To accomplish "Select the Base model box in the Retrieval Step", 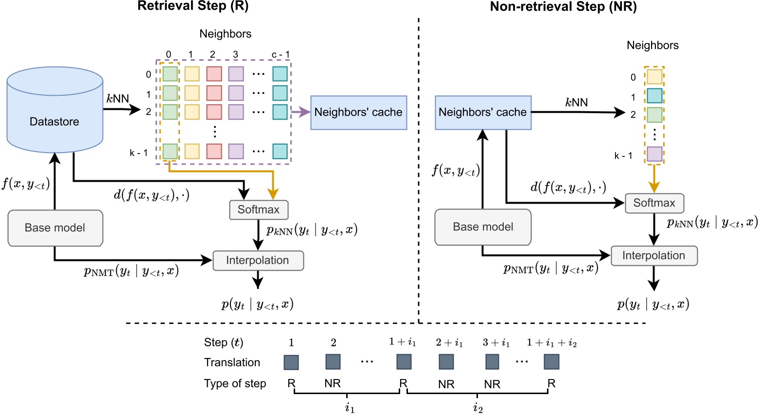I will coord(55,228).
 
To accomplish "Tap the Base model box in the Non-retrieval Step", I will coord(483,227).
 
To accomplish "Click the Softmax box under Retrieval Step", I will coord(259,210).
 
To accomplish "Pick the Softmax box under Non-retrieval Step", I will coord(654,203).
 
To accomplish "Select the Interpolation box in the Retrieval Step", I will coord(258,260).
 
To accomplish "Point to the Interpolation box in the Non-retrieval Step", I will coord(653,256).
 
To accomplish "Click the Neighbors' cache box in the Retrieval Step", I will coord(358,112).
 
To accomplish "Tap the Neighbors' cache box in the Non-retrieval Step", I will coord(483,112).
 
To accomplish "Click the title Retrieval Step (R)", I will coord(193,6).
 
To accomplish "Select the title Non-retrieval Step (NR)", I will coord(563,7).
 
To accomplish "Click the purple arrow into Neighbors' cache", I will coord(300,112).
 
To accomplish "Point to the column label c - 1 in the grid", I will coord(281,54).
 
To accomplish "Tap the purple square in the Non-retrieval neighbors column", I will coord(654,154).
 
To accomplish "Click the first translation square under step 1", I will coord(291,362).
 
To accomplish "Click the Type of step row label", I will coord(235,383).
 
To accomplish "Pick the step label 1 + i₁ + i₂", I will coord(551,343).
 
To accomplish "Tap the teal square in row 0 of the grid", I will coord(280,74).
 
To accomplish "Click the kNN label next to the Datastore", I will coord(118,99).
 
